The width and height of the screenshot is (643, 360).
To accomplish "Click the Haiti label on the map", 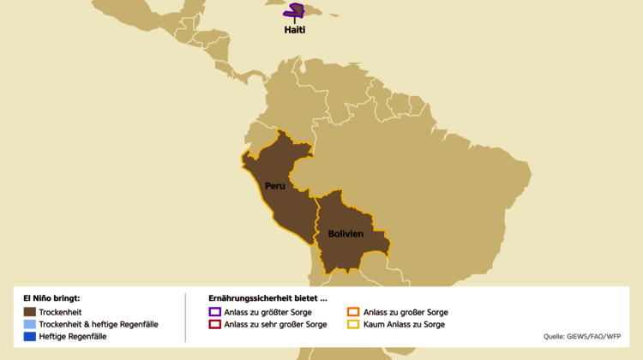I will click(x=295, y=29).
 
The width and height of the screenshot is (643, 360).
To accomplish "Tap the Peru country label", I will click(x=274, y=186).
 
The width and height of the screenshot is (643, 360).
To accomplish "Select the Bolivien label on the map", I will click(x=346, y=234).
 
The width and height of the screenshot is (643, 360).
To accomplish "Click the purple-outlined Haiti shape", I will click(x=297, y=10).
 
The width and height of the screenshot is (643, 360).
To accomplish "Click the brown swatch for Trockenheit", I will click(x=30, y=312).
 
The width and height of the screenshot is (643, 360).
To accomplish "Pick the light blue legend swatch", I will click(x=30, y=325).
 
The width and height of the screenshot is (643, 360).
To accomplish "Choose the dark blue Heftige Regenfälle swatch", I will click(x=30, y=337).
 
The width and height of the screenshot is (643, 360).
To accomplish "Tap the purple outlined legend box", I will click(x=214, y=312).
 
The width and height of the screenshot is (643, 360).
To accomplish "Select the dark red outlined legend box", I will click(x=214, y=325).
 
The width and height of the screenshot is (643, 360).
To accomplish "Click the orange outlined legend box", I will click(x=353, y=312).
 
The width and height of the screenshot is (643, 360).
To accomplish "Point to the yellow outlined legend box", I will click(x=353, y=325).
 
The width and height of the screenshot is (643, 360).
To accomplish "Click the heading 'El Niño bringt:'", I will click(x=51, y=298).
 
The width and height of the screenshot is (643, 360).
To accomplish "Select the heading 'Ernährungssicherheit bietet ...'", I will click(x=267, y=298).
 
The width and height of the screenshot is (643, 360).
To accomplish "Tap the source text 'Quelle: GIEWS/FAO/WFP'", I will click(x=583, y=337).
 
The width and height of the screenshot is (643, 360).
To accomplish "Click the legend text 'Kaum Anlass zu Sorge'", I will click(x=404, y=325).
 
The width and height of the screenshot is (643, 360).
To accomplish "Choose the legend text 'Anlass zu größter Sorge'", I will click(x=268, y=312).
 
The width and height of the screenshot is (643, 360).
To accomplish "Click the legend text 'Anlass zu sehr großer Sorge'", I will click(x=275, y=325).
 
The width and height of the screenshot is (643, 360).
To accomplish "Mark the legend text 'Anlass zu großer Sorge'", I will click(x=406, y=312).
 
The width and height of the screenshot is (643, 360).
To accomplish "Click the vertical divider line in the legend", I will click(x=185, y=318).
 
